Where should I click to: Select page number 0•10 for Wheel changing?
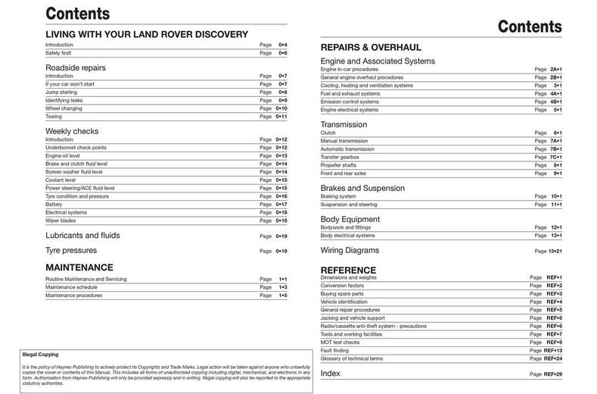[x=281, y=108]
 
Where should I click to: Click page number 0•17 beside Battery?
[x=281, y=204]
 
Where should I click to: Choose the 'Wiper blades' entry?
[x=60, y=220]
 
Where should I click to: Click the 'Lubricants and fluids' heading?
[x=82, y=236]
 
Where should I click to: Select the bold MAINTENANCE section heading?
[x=79, y=267]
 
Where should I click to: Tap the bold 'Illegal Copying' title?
[x=39, y=354]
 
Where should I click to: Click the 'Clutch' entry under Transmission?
[x=328, y=133]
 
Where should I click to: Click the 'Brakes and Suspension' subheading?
[x=362, y=188]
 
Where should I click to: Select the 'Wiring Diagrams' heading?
[x=350, y=250]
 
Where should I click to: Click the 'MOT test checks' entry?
[x=340, y=342]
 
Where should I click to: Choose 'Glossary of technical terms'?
[x=352, y=358]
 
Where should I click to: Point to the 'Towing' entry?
[x=54, y=117]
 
